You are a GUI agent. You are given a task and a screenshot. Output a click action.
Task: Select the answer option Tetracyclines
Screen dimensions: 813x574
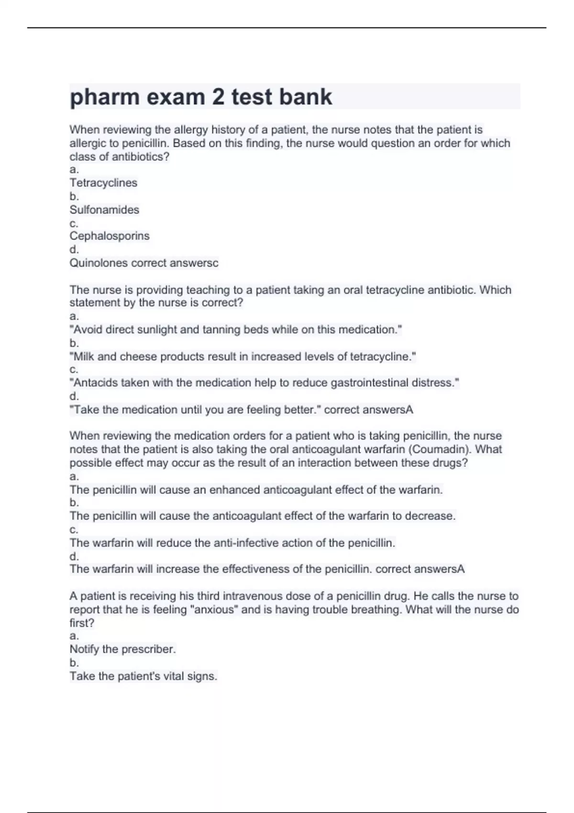103,183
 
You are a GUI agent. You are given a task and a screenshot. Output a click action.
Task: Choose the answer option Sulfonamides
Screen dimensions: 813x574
104,209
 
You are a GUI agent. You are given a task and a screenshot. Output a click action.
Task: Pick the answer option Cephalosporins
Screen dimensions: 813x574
110,236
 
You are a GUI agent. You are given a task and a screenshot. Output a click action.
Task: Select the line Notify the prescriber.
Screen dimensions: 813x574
122,649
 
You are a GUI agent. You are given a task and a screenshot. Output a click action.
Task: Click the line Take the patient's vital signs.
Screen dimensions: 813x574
143,676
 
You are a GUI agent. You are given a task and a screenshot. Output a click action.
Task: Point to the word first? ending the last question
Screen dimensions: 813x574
82,623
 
